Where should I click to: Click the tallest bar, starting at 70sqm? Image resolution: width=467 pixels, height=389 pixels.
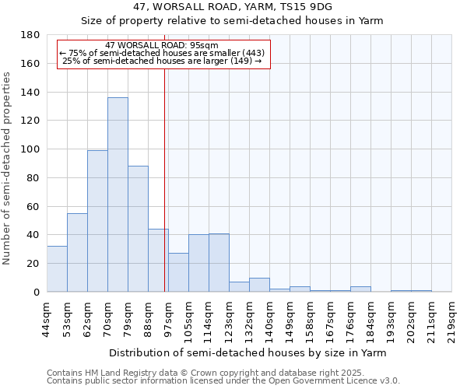pyautogui.click(x=118, y=194)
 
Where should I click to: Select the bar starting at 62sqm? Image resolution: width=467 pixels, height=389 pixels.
pyautogui.click(x=97, y=221)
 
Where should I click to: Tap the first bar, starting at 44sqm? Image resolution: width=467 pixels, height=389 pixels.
pyautogui.click(x=57, y=269)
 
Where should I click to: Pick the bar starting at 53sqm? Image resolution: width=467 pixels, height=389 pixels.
pyautogui.click(x=77, y=253)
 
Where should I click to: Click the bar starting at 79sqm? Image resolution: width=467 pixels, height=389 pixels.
pyautogui.click(x=138, y=229)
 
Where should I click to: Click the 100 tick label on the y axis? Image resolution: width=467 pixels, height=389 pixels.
pyautogui.click(x=31, y=149)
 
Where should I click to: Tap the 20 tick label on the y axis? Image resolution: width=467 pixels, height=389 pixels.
pyautogui.click(x=34, y=264)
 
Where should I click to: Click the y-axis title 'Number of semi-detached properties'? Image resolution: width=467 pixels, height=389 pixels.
pyautogui.click(x=8, y=168)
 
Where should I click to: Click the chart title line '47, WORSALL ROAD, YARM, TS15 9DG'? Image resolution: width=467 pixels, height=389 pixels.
pyautogui.click(x=233, y=7)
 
